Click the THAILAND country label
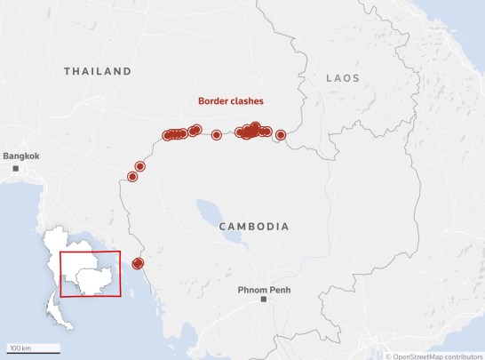click(x=98, y=70)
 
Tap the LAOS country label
click(x=343, y=78)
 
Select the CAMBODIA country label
click(x=255, y=227)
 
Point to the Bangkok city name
click(x=21, y=156)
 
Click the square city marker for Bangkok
click(x=15, y=167)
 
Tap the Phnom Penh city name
click(x=264, y=289)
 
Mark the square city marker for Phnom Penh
click(x=263, y=300)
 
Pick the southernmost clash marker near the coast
click(x=137, y=263)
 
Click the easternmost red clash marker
click(x=281, y=135)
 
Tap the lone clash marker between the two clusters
click(x=217, y=135)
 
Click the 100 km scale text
click(x=20, y=347)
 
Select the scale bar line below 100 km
click(x=34, y=353)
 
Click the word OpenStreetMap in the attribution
click(x=423, y=355)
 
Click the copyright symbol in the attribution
click(x=388, y=355)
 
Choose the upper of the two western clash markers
click(x=139, y=166)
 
